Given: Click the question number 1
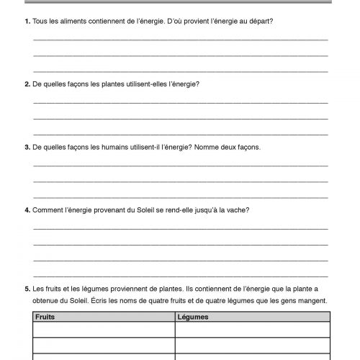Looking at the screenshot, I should [x=26, y=21].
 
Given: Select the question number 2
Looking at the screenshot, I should [x=26, y=84].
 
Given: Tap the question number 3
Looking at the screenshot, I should [x=26, y=146].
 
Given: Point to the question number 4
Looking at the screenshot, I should [x=26, y=210].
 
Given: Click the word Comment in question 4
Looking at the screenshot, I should [x=48, y=210].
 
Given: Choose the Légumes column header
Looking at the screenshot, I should [x=194, y=316].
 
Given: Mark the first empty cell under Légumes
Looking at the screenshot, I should [x=252, y=329].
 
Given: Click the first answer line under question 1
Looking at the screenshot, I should [x=180, y=38].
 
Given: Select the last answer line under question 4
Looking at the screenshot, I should [x=180, y=274].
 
